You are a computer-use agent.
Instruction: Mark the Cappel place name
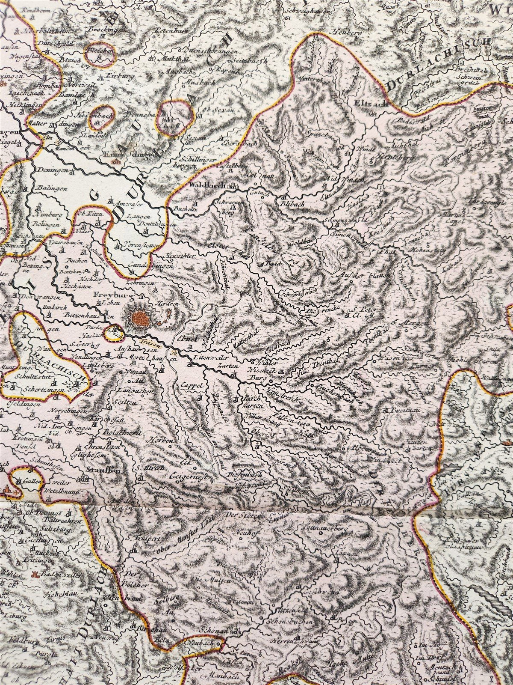point(191,384)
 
